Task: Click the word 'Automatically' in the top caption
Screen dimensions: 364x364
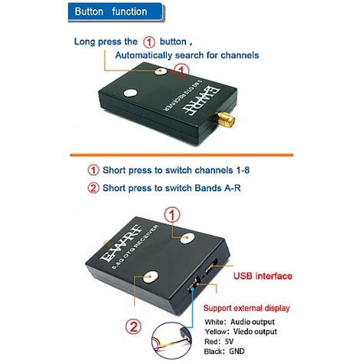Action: tap(147, 55)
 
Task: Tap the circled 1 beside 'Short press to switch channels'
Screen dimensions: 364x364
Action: tap(93, 170)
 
